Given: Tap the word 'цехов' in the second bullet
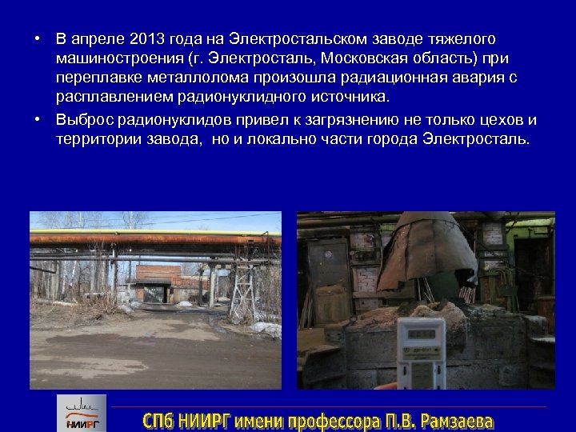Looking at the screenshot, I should click(495, 119).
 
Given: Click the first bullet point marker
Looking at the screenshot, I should click(38, 39).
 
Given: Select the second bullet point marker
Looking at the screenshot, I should click(38, 120).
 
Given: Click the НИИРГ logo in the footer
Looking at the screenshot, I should click(80, 413).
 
